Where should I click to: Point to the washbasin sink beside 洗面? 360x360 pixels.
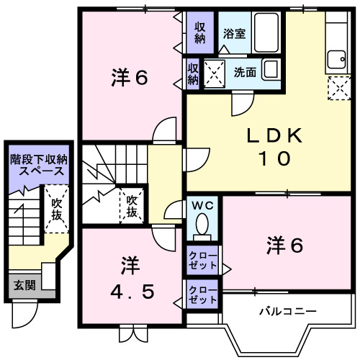tap(271, 71)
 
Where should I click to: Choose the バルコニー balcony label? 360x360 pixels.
tap(287, 312)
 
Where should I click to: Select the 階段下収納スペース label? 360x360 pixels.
tap(37, 166)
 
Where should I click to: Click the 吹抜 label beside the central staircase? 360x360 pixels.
tap(132, 206)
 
